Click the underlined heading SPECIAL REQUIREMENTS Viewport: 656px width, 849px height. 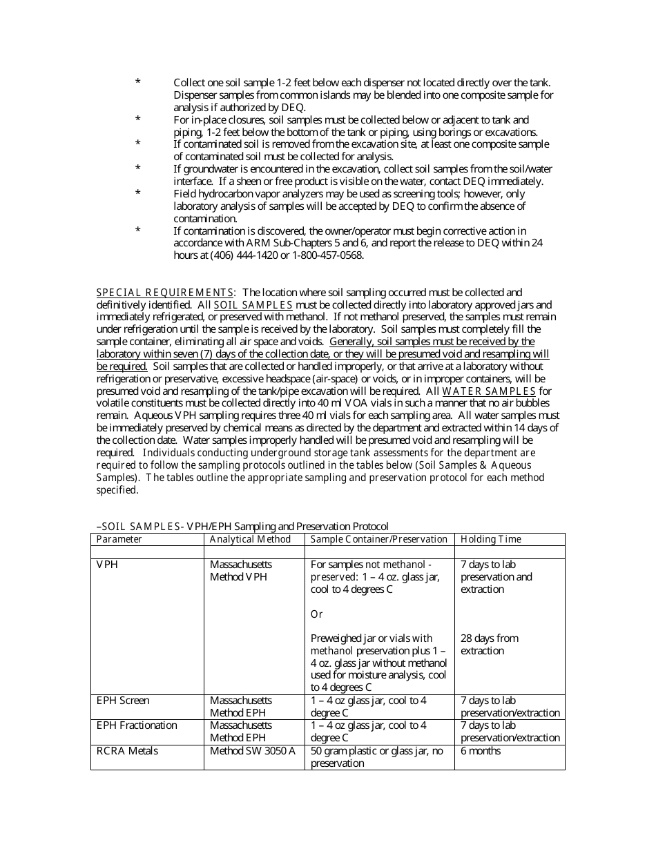(164, 293)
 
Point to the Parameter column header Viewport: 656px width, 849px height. (119, 539)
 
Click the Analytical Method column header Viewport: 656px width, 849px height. (250, 539)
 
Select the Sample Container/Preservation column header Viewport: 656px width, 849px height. (379, 539)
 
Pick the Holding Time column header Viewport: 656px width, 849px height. (491, 539)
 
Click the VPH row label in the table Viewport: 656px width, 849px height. (107, 565)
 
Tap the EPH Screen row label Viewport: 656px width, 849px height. (123, 701)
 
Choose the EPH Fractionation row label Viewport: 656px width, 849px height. (137, 725)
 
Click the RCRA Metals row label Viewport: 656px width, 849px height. (127, 751)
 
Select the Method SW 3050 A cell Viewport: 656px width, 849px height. (253, 751)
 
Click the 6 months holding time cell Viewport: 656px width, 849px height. (481, 751)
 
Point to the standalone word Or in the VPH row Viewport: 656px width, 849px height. (316, 614)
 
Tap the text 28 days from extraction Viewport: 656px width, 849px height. (489, 645)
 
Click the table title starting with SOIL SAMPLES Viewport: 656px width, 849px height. (242, 526)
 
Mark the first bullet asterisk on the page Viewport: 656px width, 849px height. (138, 82)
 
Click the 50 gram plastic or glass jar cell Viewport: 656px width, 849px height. (377, 757)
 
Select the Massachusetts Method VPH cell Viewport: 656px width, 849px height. (241, 571)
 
